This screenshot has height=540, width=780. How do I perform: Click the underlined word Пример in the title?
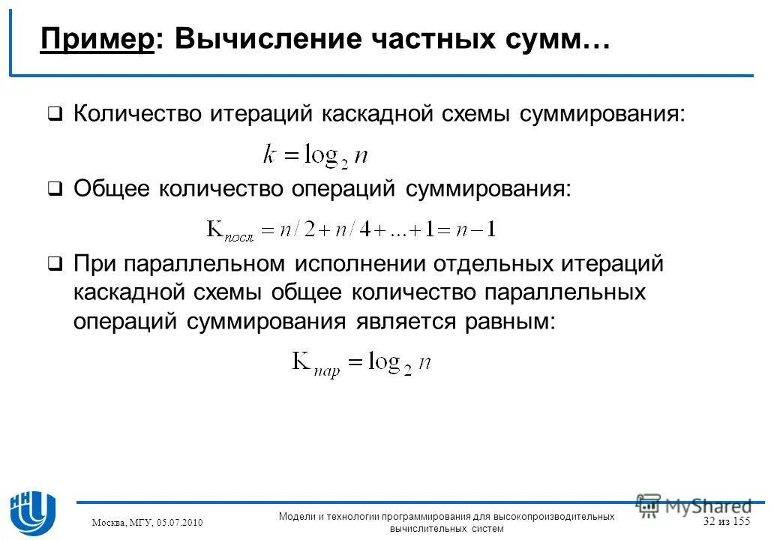[x=97, y=39]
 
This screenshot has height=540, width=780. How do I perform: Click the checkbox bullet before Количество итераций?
[x=55, y=115]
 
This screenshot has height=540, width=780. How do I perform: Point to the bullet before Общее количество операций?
[x=55, y=190]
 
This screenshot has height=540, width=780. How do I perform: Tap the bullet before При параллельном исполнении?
[x=55, y=265]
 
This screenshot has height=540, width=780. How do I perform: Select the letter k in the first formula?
[x=270, y=154]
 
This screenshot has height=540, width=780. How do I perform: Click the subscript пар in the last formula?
[x=327, y=369]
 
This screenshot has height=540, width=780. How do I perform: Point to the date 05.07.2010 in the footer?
[x=178, y=522]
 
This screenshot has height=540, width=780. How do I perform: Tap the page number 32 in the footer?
[x=709, y=521]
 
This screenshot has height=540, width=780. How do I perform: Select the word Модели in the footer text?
[x=296, y=516]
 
